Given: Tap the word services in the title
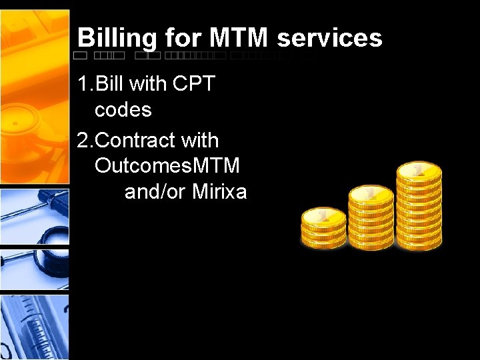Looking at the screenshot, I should point(329,37).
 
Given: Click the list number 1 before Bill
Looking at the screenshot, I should point(83,84).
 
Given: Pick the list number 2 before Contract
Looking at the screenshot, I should point(83,141).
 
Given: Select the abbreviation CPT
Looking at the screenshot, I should point(194,84).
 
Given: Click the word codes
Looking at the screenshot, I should point(123,109).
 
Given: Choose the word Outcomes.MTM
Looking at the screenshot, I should point(167,166).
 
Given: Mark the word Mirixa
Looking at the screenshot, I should point(219,192).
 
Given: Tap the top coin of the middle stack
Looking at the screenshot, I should point(371,193).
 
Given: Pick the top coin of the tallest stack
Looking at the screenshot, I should point(419,171).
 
